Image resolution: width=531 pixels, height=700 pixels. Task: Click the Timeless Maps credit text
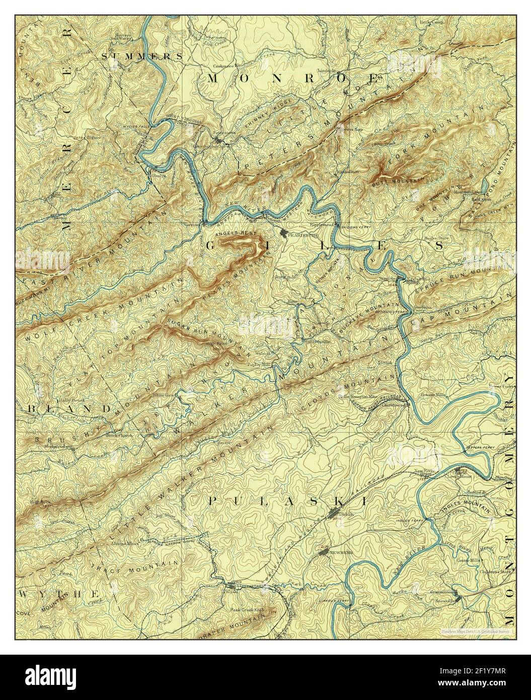(x=475, y=631)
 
